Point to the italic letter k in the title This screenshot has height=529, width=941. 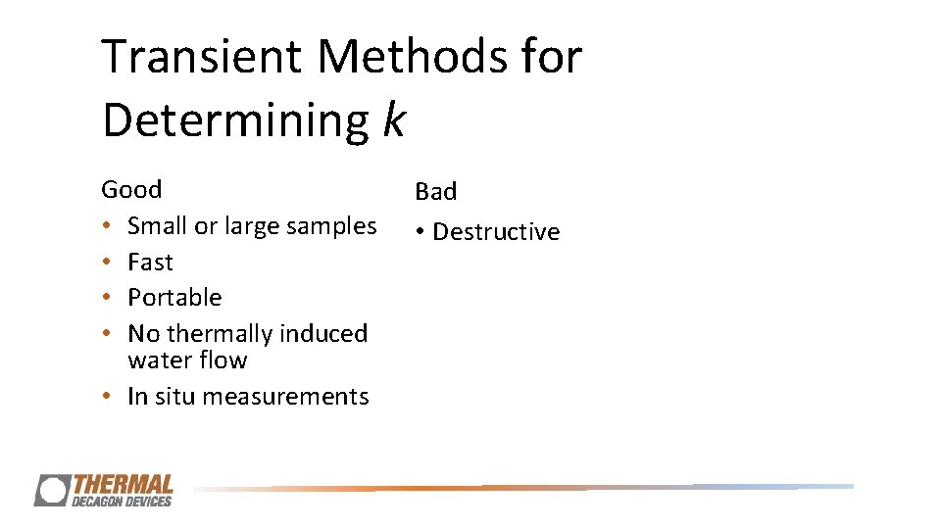click(393, 120)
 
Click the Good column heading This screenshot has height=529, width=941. click(131, 189)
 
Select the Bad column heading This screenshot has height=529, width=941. click(435, 192)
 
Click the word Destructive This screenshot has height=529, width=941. click(496, 232)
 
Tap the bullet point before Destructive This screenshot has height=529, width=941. click(419, 233)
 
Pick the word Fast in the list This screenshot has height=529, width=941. click(150, 263)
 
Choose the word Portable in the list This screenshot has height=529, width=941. click(174, 298)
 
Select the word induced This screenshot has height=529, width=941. click(322, 334)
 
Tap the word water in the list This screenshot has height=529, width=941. click(158, 361)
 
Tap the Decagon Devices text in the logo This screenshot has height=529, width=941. click(122, 501)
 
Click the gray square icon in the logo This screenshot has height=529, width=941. click(52, 490)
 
